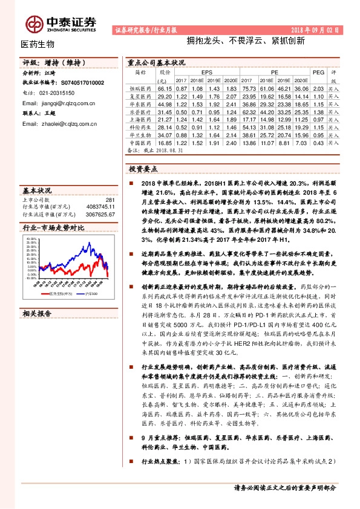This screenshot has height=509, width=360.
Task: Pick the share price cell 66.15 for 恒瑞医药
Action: pyautogui.click(x=164, y=88)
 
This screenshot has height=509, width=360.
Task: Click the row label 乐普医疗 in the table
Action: pyautogui.click(x=140, y=112)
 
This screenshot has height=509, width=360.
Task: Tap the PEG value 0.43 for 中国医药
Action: pyautogui.click(x=318, y=143)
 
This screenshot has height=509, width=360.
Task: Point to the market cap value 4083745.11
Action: pyautogui.click(x=101, y=207)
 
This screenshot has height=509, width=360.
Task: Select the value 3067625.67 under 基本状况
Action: pyautogui.click(x=101, y=214)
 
